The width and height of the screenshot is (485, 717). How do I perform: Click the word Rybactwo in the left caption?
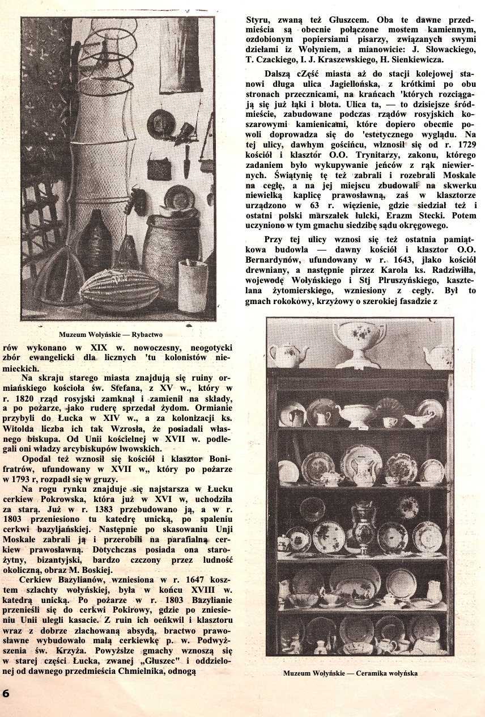(x=146, y=335)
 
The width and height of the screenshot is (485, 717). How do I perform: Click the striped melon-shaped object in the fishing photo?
(x=120, y=290)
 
